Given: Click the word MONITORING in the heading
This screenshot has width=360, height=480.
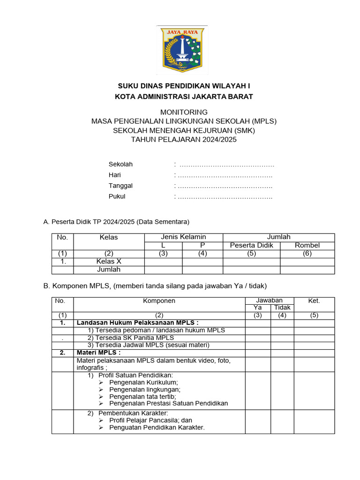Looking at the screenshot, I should coord(184,112).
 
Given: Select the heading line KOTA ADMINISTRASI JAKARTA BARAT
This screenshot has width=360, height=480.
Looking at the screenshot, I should coord(184,97).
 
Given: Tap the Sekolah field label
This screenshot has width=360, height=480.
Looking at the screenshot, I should coord(120,165).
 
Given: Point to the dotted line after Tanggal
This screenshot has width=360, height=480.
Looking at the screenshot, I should coord(225,186).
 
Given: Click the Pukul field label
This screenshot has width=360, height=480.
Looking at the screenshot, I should coord(117,196).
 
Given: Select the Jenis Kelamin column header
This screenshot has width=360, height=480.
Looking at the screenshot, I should coord(183,237).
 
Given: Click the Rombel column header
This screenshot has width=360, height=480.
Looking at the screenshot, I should coord(307,245).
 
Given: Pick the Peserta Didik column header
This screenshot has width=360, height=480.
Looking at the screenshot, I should coord(251,245).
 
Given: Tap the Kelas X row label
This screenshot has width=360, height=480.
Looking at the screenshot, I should coord(109,262).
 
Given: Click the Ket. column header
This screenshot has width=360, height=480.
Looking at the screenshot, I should coord(314,300).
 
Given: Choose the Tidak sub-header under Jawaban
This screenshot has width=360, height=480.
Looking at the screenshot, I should coord(282,307).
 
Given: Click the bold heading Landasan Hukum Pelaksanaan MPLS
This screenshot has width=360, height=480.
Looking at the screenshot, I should coord(137,323).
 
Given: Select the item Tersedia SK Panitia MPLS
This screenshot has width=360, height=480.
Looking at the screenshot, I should coord(131,337).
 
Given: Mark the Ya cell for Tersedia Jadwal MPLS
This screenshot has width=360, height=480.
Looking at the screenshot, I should coord(257,345).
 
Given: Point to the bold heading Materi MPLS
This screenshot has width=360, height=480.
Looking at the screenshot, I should coord(98,352).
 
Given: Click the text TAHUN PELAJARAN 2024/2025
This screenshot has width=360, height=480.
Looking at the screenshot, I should coord(184,139).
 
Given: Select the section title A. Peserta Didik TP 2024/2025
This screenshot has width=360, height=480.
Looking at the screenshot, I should coord(116,221).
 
